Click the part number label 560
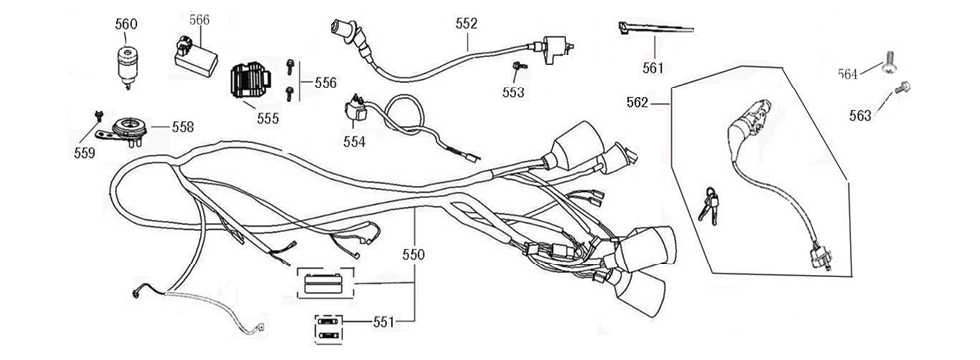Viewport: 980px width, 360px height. [x=127, y=24]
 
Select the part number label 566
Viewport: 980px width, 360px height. [x=199, y=19]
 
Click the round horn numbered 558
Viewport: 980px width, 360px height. [x=129, y=127]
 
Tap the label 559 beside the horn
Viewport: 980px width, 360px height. [x=85, y=153]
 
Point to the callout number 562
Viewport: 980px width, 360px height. [x=640, y=101]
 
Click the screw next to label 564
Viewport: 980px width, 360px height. [x=888, y=65]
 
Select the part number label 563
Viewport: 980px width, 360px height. [x=859, y=115]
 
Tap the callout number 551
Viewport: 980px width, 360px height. [x=385, y=322]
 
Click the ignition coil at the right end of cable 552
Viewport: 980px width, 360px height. [x=553, y=49]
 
